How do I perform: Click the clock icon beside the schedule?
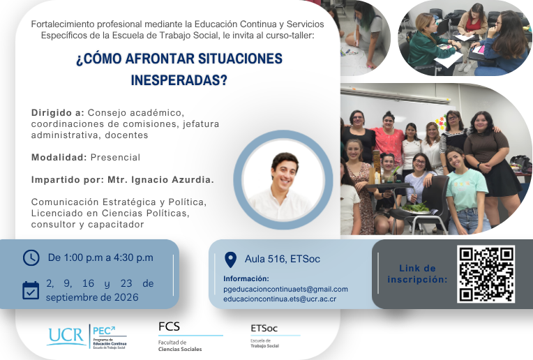(x=31, y=257)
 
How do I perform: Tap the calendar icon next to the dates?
(x=31, y=291)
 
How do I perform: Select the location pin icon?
(x=230, y=260)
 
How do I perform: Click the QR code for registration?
(x=486, y=274)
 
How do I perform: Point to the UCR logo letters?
(x=66, y=336)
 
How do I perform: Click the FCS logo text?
(x=169, y=327)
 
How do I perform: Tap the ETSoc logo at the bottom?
(x=264, y=329)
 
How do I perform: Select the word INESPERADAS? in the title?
(x=179, y=80)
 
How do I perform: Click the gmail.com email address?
(x=285, y=290)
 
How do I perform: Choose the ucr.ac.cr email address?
(x=280, y=299)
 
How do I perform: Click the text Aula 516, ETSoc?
(x=283, y=259)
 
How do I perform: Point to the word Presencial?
(x=115, y=158)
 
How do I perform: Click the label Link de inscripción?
(x=417, y=274)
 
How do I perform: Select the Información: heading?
(x=246, y=279)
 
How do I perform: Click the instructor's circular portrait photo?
(x=283, y=180)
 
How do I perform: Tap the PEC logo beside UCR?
(x=110, y=337)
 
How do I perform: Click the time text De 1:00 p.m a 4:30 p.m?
(x=100, y=257)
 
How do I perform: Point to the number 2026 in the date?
(x=126, y=297)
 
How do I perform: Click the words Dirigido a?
(x=58, y=112)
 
